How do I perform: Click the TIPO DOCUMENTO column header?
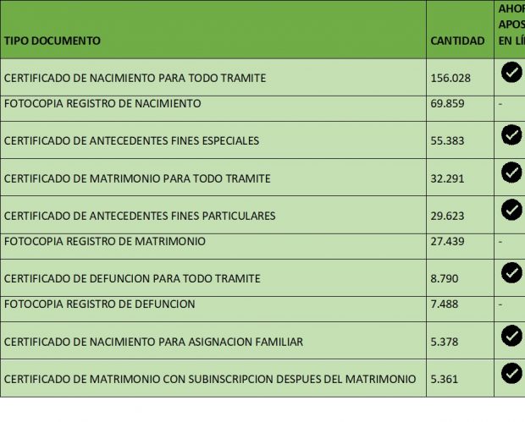(x=52, y=41)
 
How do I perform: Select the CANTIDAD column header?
(x=457, y=41)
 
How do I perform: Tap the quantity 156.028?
(x=450, y=78)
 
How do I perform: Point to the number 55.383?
(x=447, y=140)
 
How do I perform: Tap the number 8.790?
(x=445, y=278)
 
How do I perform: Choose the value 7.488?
(x=445, y=304)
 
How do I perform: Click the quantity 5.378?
(x=445, y=342)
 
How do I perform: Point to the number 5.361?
(x=445, y=379)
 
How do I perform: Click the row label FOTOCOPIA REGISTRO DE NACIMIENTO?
(x=102, y=104)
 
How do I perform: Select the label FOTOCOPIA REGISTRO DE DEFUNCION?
(x=100, y=304)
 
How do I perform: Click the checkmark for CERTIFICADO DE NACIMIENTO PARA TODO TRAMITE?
(x=511, y=72)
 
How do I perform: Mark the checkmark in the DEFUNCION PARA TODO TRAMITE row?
(x=511, y=272)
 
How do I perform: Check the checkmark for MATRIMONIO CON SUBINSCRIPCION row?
(x=511, y=372)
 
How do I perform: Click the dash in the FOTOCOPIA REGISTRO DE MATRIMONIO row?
(x=500, y=242)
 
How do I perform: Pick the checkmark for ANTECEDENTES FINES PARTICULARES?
(x=511, y=210)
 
